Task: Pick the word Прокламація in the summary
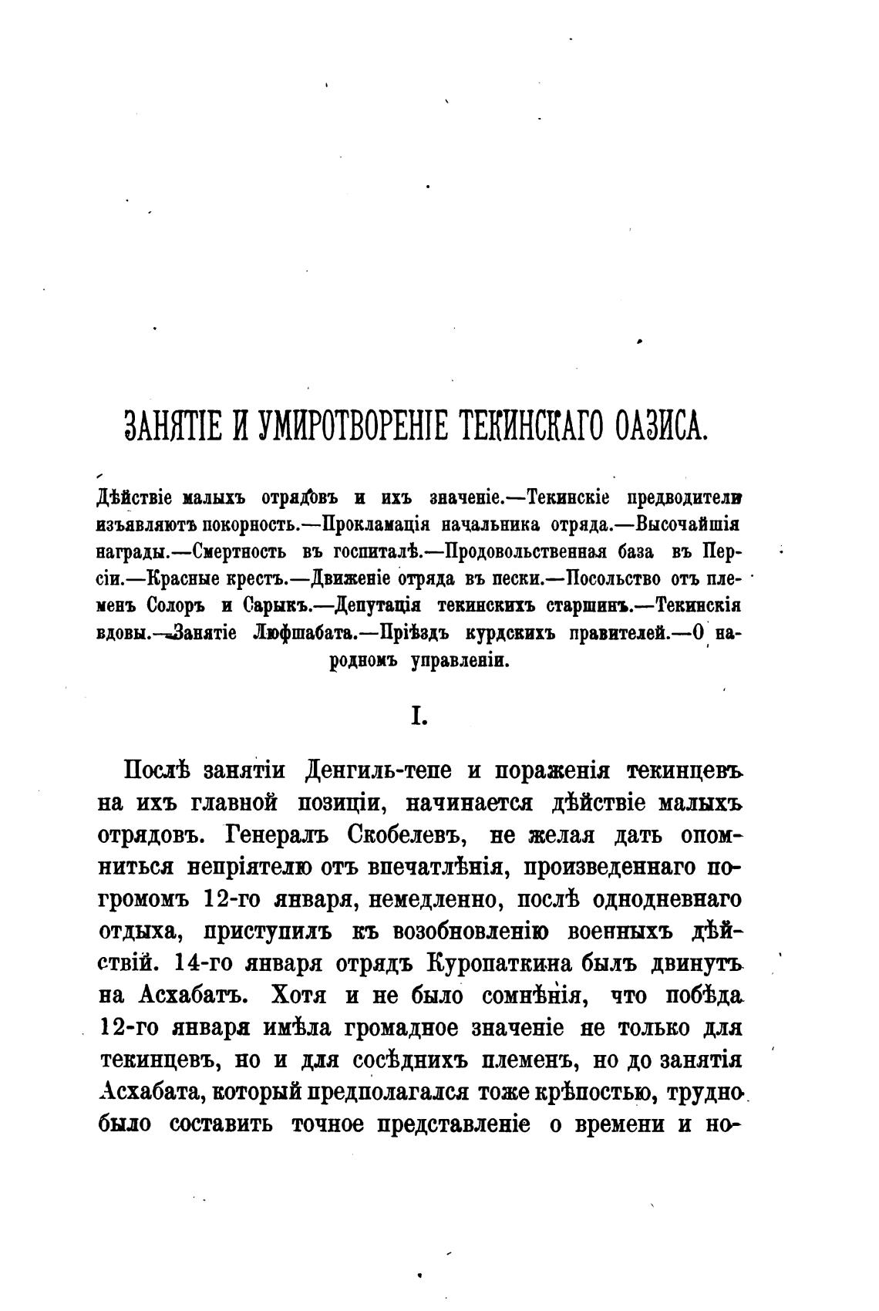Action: click(376, 524)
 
